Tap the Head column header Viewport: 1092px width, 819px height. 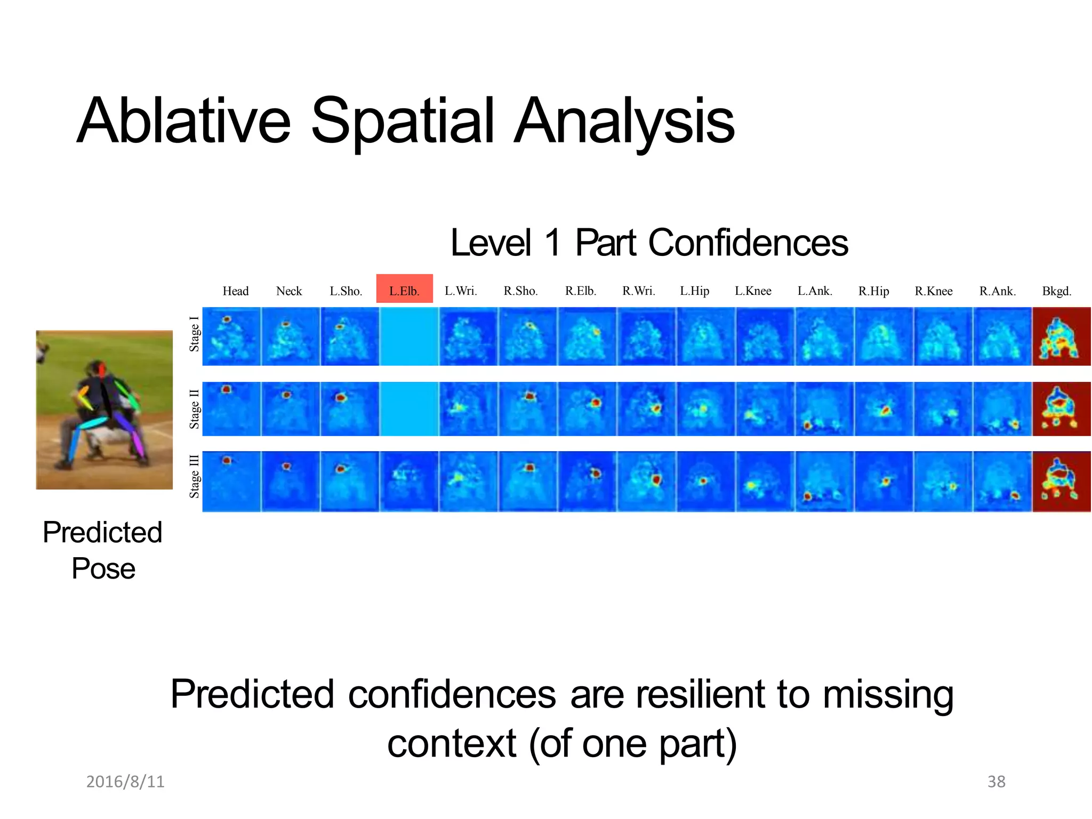[235, 291]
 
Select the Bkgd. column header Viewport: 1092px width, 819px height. [1056, 291]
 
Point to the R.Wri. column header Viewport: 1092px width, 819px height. [638, 291]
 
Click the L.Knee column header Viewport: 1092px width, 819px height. [753, 291]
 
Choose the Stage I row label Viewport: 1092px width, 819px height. [195, 334]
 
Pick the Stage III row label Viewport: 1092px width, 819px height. [195, 476]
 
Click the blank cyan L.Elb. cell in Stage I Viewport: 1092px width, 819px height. [409, 336]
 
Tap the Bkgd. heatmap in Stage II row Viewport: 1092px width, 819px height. [1061, 409]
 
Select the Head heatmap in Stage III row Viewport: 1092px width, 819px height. [231, 481]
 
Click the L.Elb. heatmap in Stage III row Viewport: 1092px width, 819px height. [409, 481]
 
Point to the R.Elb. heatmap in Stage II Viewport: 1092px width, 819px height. [587, 409]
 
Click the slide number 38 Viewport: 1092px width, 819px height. [996, 782]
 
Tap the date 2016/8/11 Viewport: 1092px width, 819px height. [125, 782]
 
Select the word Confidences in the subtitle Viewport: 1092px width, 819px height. [748, 243]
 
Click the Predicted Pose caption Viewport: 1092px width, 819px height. [103, 550]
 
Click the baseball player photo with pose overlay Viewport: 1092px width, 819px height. [105, 409]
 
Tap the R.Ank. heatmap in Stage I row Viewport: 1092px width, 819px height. [1002, 336]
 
